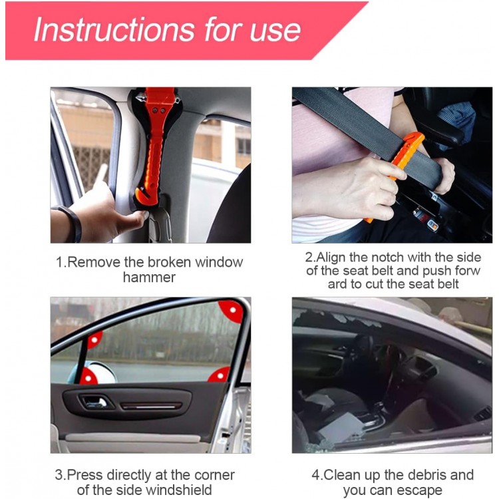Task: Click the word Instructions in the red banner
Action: point(114,29)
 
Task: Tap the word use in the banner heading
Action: point(275,31)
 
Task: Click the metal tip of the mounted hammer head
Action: point(139,97)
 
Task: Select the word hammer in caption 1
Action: point(149,277)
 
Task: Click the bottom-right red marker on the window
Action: point(220,375)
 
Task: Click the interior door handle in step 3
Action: point(95,403)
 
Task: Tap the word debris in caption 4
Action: point(427,475)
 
